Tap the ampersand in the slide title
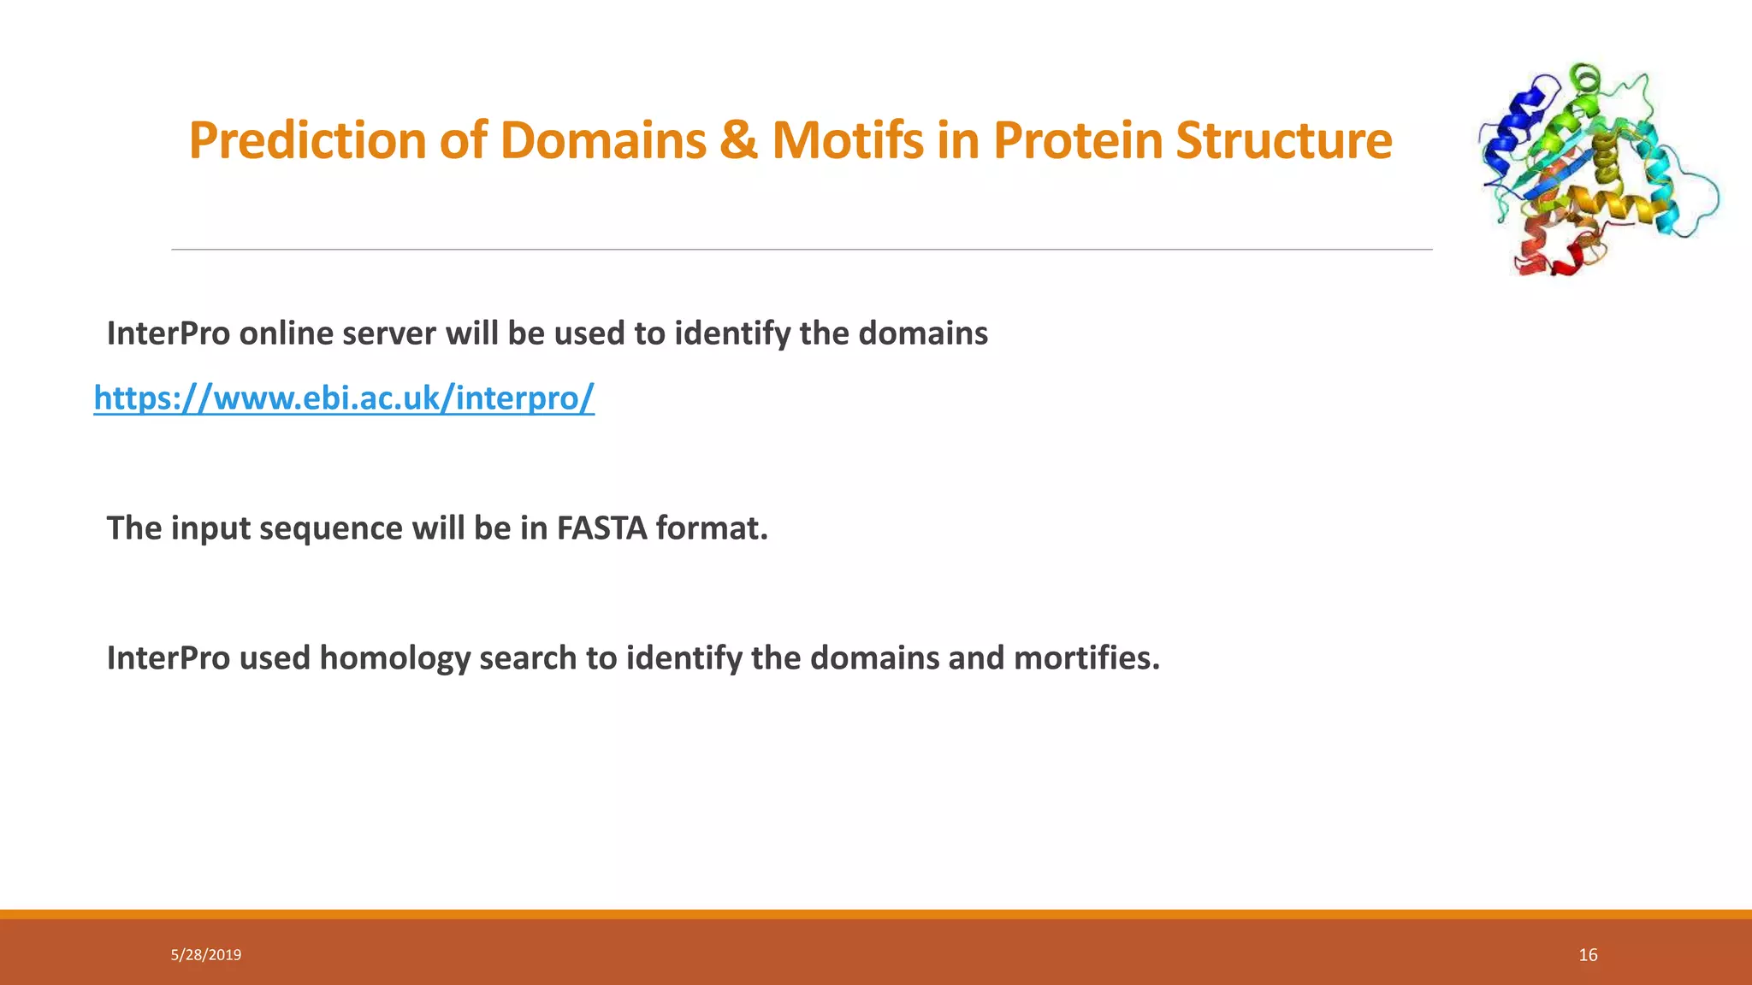pos(738,141)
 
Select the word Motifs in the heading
pos(847,141)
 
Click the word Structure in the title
pos(1283,141)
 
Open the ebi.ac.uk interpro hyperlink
pos(344,398)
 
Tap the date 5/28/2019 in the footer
pos(206,955)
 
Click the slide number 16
pos(1588,955)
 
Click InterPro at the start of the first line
pos(169,333)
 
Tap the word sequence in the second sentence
pos(330,528)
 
